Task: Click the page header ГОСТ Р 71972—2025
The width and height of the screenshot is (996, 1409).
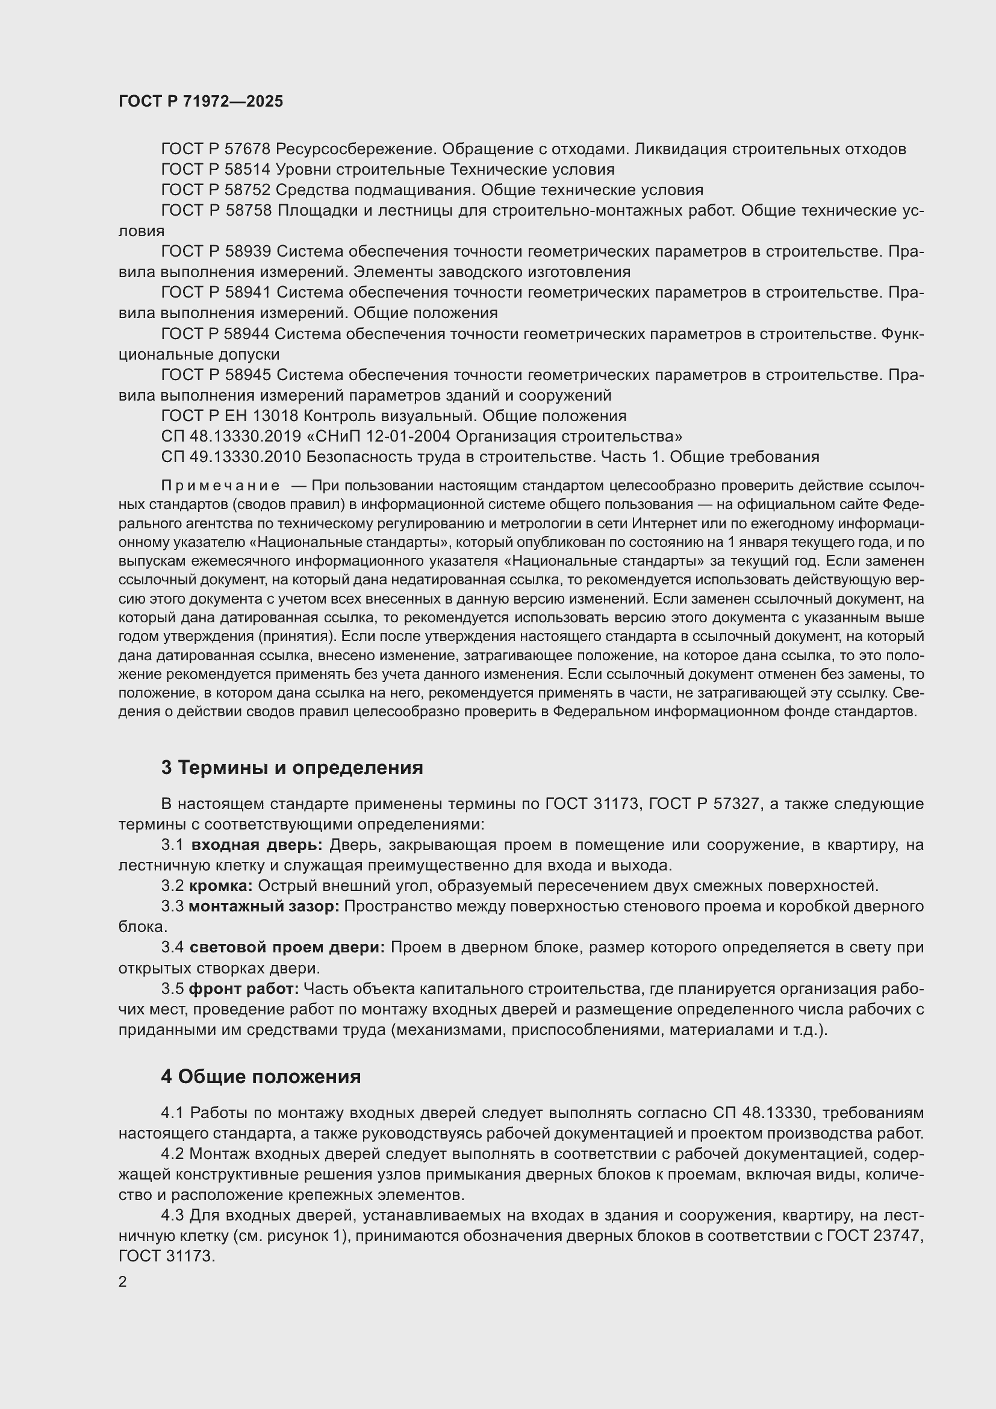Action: [201, 101]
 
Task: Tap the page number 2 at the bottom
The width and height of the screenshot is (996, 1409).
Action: [123, 1282]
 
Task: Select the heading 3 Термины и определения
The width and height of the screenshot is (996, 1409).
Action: [292, 767]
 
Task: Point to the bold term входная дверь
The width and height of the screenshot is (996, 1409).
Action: [257, 845]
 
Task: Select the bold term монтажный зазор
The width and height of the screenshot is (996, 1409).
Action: [263, 907]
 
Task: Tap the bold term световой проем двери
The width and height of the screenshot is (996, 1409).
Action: [287, 948]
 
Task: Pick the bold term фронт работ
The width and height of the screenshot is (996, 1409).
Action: [243, 989]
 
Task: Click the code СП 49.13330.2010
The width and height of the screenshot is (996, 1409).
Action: [231, 457]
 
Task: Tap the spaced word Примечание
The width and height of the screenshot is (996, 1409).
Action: [220, 486]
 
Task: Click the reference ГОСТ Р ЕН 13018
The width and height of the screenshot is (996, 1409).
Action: [230, 416]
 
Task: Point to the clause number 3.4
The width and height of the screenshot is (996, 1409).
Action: [172, 948]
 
